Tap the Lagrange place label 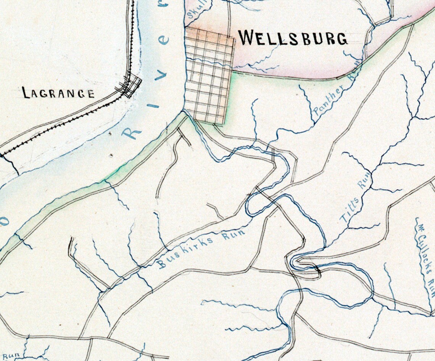[58, 93]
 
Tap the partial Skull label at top [193, 10]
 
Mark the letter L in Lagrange [26, 92]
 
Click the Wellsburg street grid [209, 76]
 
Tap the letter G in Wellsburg [340, 39]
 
